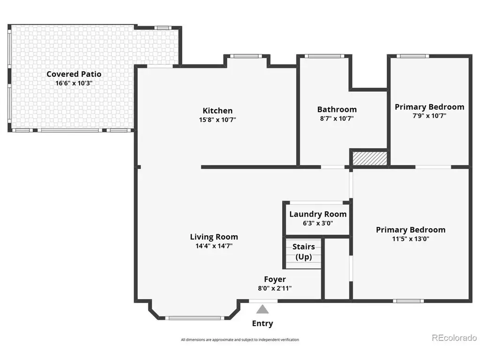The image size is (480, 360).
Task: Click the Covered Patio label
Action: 74,74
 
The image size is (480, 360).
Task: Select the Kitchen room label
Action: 217,111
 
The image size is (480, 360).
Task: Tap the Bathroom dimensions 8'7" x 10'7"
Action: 337,119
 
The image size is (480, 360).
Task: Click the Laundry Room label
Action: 318,214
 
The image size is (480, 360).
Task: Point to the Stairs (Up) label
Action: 303,252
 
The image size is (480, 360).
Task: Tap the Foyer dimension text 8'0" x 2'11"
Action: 275,288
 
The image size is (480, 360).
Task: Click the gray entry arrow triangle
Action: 262,309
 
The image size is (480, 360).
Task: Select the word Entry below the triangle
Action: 262,323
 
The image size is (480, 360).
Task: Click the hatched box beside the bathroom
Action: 370,158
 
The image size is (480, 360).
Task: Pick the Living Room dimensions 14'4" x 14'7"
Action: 214,246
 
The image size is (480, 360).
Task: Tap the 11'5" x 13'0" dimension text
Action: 411,239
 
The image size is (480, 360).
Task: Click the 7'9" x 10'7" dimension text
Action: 429,116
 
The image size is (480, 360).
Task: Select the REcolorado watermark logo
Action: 454,337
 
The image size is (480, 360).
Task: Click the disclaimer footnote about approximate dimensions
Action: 240,339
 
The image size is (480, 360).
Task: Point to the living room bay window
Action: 195,318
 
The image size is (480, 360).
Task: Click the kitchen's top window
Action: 246,56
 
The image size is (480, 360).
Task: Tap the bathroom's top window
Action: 324,56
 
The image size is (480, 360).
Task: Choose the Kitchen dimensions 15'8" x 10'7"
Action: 217,120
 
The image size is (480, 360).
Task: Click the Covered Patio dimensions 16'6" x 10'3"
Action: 74,83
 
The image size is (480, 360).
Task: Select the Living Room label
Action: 214,237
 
